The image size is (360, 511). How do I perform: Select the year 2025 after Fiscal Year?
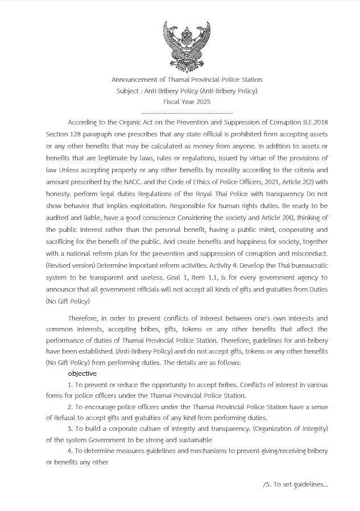coord(202,102)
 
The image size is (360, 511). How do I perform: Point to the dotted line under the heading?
coord(187,113)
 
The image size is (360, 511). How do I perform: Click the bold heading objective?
coord(82,373)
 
